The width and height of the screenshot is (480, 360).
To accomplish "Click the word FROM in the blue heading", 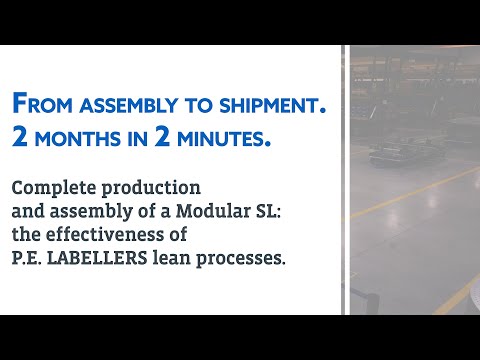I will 40,103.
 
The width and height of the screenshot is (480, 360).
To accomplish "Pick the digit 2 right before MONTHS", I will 20,138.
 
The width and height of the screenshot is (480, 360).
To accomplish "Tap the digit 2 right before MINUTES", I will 161,138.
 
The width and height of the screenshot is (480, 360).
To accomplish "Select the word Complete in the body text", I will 49,187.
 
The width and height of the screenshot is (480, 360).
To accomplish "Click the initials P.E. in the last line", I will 28,257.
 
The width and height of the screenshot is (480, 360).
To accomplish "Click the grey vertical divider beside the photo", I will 345,180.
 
